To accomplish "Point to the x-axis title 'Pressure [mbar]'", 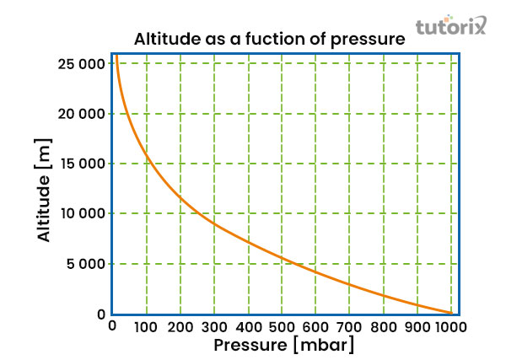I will [283, 345].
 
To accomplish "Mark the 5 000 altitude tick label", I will [87, 264].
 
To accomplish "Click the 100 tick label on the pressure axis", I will [147, 326].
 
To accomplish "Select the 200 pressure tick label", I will [180, 326].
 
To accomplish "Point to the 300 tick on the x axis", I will [214, 326].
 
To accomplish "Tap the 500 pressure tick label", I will [282, 326].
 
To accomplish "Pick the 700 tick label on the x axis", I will [349, 326].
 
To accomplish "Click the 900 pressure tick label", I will [417, 326].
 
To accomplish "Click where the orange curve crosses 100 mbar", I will [147, 153].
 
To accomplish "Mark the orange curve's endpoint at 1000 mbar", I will [451, 313].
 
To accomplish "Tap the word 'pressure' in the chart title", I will [371, 40].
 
